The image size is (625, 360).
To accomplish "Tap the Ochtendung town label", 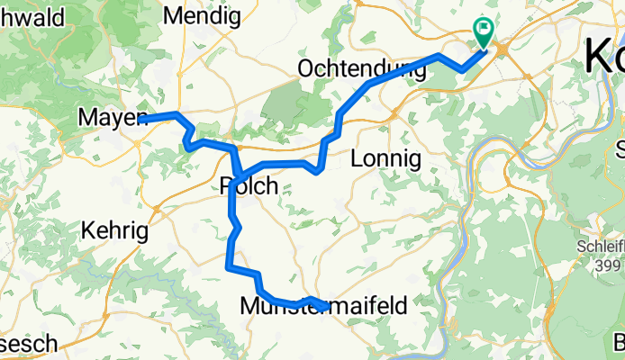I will point(360,68).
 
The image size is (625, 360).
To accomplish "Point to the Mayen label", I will point(111,118).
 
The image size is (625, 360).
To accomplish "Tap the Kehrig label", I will point(114,231).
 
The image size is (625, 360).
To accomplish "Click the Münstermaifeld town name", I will point(324,306).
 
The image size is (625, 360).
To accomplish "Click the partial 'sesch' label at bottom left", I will point(29,344).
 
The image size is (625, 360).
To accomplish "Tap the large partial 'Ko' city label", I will point(604,56).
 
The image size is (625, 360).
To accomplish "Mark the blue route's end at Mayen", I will point(142,118).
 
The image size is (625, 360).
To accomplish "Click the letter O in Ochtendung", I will point(304,68).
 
